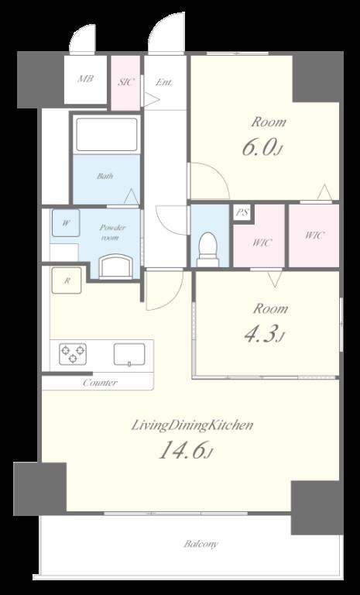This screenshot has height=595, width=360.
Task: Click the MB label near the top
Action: pos(86,79)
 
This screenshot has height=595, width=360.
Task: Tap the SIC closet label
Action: pos(125,81)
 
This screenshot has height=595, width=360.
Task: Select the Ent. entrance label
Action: pos(164,81)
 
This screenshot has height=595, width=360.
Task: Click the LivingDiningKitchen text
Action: pos(192,425)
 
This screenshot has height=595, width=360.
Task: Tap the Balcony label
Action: pos(201,544)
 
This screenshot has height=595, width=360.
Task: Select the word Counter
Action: pos(100,383)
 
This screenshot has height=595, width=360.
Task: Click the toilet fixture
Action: pos(208,249)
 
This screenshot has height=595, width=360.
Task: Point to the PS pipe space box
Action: pos(243,212)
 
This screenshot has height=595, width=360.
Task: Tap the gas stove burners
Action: pos(73,354)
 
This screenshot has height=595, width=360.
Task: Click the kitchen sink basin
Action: pos(129,354)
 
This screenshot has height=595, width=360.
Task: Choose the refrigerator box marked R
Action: pos(67,280)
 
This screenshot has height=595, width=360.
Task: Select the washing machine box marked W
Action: pos(66,223)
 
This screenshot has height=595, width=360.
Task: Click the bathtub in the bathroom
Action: pos(107,135)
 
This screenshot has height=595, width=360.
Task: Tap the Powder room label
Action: pos(112,232)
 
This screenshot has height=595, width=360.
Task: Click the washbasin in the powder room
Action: pos(115,267)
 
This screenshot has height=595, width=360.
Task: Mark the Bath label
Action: pos(105,176)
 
